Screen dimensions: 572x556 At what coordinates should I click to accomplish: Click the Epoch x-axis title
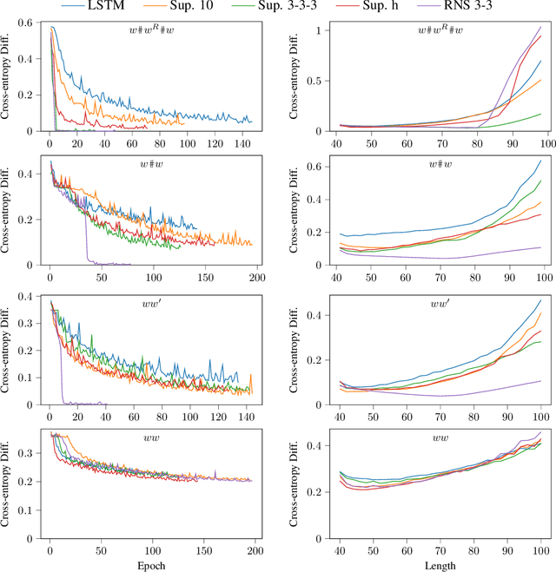tap(154, 564)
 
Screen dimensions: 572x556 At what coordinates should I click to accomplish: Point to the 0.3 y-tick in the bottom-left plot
tap(33, 453)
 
